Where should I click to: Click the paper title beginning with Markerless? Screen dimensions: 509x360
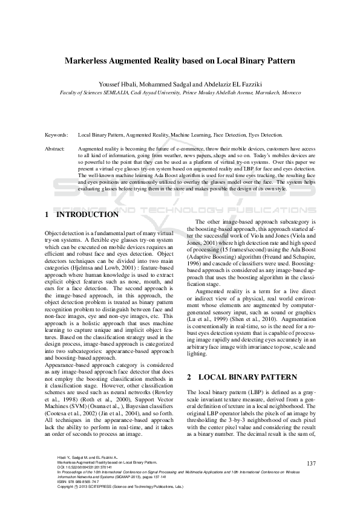180,61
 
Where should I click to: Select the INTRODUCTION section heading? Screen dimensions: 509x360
87,215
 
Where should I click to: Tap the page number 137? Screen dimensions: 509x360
311,463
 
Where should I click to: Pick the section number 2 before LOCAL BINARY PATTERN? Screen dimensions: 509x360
189,377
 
